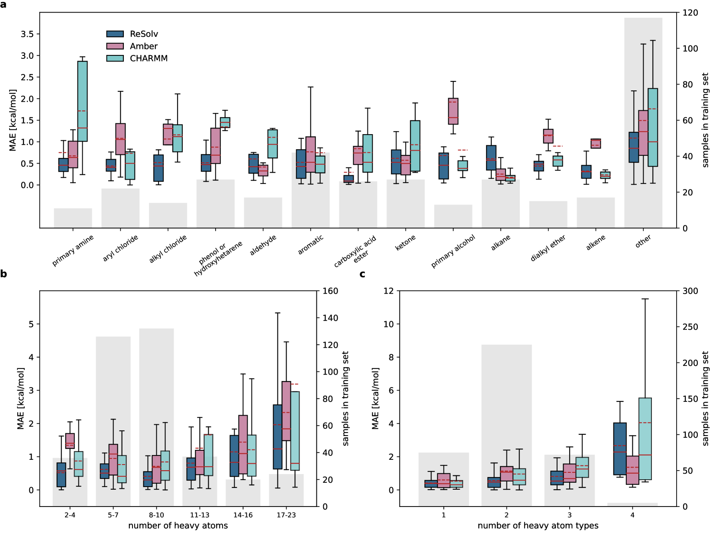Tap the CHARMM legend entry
coord(137,58)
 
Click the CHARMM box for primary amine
coord(82,101)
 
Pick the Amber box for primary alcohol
coord(453,111)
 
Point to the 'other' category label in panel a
coord(643,241)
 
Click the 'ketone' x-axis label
coord(405,243)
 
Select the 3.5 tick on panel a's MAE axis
coord(27,34)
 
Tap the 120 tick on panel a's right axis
coord(690,13)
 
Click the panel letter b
coord(3,274)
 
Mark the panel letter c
coord(362,274)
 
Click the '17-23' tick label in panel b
coord(286,515)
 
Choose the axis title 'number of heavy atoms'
coord(178,526)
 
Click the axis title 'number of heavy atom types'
coord(538,526)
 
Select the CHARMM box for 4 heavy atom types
coord(645,439)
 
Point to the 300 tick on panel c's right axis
coord(690,291)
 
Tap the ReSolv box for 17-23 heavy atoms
coord(277,437)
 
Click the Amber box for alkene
coord(596,144)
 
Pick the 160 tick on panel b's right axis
coord(330,291)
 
